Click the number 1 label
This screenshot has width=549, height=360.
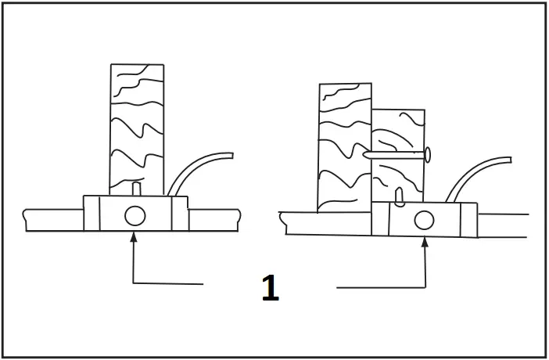click(270, 289)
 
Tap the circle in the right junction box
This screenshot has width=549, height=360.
click(423, 220)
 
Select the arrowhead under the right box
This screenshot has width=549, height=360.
click(425, 241)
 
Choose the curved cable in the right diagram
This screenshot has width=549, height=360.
click(477, 172)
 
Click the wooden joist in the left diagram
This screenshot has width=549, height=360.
click(137, 125)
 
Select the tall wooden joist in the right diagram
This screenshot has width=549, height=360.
click(344, 145)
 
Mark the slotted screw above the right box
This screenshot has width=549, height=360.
click(399, 195)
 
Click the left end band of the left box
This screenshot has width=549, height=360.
click(92, 214)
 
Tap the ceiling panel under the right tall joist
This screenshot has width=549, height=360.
click(328, 222)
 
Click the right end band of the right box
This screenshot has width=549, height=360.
click(468, 219)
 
